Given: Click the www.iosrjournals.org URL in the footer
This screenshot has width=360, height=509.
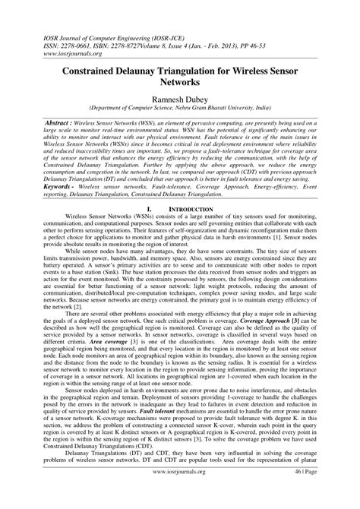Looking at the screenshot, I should tap(179, 491).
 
